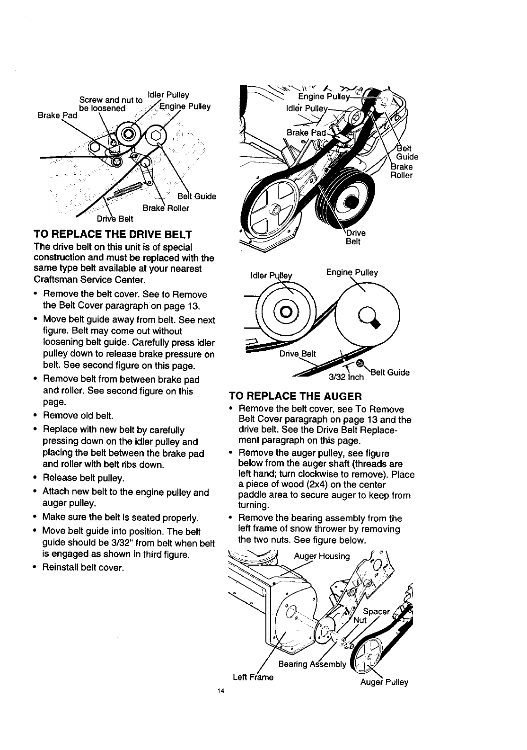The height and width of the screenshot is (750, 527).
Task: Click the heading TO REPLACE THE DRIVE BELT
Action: tap(112, 234)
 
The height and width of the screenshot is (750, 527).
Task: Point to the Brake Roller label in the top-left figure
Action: tap(166, 208)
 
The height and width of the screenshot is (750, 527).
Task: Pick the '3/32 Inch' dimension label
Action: tap(346, 377)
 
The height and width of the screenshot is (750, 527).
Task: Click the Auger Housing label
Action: tap(322, 556)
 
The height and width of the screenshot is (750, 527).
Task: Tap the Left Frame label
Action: tap(253, 677)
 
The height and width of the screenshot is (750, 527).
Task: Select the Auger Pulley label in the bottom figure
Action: tap(384, 682)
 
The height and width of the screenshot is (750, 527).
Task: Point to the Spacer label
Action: tap(376, 611)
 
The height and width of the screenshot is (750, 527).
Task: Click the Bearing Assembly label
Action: tap(313, 664)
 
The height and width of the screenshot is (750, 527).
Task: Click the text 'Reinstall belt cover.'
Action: tap(83, 567)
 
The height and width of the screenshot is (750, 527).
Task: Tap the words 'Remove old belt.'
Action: tap(78, 416)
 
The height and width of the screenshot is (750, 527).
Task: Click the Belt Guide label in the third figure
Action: tap(390, 372)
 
